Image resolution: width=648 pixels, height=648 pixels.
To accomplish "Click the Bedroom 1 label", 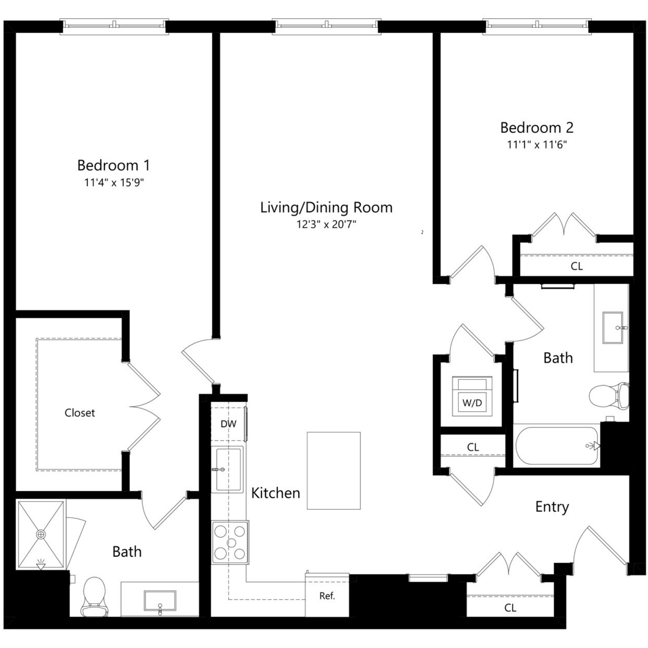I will pyautogui.click(x=113, y=165).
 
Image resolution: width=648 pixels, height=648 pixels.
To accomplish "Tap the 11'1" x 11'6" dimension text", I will pyautogui.click(x=537, y=145).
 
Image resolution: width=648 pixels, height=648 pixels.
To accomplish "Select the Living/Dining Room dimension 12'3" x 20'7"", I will pyautogui.click(x=326, y=224).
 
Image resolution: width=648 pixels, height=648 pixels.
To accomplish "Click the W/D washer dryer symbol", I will pyautogui.click(x=472, y=397).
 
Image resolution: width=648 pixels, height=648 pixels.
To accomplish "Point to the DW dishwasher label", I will pyautogui.click(x=228, y=424).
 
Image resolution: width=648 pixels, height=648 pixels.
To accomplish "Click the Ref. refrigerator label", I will pyautogui.click(x=327, y=596).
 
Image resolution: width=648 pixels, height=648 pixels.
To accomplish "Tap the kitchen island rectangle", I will pyautogui.click(x=334, y=470).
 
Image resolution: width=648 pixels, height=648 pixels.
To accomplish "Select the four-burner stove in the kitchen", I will pyautogui.click(x=230, y=542).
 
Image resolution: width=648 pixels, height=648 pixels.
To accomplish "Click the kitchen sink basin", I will pyautogui.click(x=228, y=469).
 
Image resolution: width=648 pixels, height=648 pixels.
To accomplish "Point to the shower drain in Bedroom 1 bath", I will pyautogui.click(x=41, y=534).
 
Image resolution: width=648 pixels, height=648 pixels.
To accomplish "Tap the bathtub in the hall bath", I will pyautogui.click(x=557, y=446).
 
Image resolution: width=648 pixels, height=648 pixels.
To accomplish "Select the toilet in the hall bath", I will pyautogui.click(x=608, y=397).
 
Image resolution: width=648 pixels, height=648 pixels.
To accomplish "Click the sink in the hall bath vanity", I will pyautogui.click(x=612, y=328).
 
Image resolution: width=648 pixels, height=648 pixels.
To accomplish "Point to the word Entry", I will pyautogui.click(x=552, y=507).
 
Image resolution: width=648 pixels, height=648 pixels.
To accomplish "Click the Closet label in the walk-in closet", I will pyautogui.click(x=79, y=412).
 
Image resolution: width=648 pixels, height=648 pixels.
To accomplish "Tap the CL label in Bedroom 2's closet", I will pyautogui.click(x=577, y=266).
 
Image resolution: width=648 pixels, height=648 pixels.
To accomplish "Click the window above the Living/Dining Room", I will pyautogui.click(x=326, y=26).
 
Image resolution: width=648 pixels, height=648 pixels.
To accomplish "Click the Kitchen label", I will pyautogui.click(x=275, y=493).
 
